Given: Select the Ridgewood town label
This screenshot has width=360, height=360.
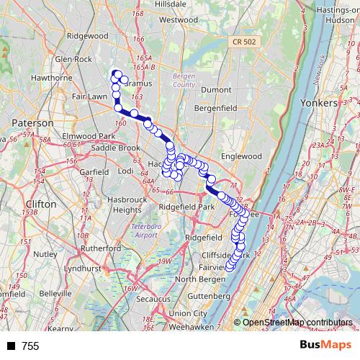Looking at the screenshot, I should [x=86, y=35].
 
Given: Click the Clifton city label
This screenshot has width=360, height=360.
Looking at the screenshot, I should [x=40, y=204].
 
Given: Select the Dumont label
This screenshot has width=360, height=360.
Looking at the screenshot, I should [x=216, y=89].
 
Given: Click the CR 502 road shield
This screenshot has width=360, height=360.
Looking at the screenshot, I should [x=243, y=44].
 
